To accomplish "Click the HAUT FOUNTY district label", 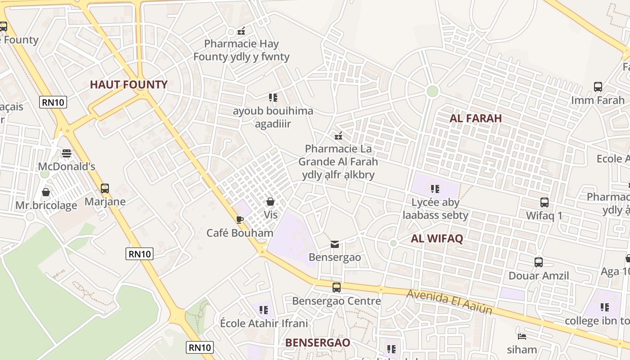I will (129, 85).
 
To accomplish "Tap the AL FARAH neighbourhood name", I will (476, 118).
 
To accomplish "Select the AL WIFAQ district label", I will (436, 239).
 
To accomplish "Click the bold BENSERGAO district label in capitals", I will (318, 342).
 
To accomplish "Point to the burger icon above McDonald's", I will (67, 153).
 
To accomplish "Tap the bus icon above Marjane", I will (105, 188).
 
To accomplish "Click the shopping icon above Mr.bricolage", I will (46, 192).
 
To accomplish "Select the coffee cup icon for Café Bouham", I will (240, 220).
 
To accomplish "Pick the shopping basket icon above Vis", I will (270, 202).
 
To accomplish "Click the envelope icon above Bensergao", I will (335, 244).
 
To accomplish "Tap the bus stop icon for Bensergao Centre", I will (337, 288).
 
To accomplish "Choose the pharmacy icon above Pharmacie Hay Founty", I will (241, 31).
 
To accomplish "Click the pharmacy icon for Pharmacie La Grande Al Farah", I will (338, 135).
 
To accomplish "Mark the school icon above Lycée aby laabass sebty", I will (435, 189).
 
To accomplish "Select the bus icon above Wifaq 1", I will (544, 202).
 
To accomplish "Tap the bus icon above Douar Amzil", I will (539, 262).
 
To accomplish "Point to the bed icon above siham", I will (522, 336).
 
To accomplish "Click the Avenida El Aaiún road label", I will (450, 301).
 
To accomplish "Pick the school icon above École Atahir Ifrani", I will (264, 310).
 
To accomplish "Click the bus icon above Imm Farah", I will (598, 87).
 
